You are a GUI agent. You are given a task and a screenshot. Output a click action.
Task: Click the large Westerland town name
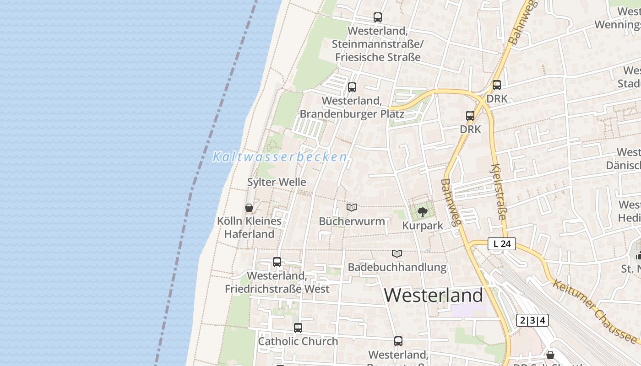tap(433, 295)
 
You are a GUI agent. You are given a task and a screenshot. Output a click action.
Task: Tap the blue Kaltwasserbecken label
tap(280, 157)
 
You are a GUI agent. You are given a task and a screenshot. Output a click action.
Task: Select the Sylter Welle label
tap(277, 182)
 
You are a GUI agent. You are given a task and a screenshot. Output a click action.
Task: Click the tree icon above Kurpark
tap(423, 212)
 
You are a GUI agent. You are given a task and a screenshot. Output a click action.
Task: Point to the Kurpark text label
tap(423, 226)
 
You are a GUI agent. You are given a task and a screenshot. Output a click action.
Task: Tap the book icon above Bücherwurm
tap(352, 208)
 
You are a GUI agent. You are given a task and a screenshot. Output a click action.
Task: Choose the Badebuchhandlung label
tap(397, 267)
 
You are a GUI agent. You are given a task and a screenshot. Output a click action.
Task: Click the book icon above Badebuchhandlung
tap(397, 253)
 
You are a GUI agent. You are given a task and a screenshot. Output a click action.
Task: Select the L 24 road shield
tap(502, 244)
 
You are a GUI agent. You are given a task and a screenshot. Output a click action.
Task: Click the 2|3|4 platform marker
tap(532, 320)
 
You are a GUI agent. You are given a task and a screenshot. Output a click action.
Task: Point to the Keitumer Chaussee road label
tap(595, 312)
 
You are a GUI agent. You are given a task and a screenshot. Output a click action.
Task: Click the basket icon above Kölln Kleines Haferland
tap(249, 208)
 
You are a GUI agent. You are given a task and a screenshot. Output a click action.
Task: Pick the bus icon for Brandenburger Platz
tap(352, 87)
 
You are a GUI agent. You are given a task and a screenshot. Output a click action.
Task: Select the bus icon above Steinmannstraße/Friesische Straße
tap(378, 17)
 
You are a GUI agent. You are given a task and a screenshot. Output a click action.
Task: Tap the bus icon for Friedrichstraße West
tap(277, 262)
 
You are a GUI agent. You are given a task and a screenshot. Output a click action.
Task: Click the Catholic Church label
tap(298, 341)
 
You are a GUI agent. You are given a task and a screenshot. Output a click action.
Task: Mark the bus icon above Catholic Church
tap(298, 328)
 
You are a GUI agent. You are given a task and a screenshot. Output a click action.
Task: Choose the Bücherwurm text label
tap(352, 221)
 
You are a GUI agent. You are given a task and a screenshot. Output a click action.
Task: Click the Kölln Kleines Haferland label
tap(249, 227)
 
